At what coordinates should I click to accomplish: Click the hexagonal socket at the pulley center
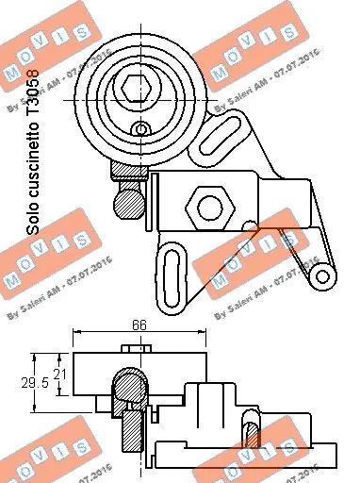click(x=132, y=88)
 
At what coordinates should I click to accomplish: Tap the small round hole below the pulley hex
click(x=140, y=128)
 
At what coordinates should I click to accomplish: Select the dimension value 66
click(x=138, y=324)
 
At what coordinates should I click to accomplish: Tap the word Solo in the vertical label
click(x=35, y=219)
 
